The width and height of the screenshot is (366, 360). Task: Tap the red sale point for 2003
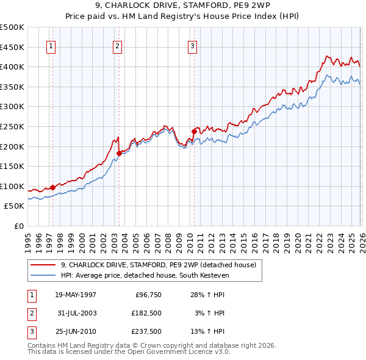[x=120, y=154]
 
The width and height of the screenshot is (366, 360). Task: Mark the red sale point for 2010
[x=194, y=131]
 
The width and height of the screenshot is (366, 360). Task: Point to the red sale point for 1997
[x=53, y=187]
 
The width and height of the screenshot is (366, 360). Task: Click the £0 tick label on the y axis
[x=18, y=226]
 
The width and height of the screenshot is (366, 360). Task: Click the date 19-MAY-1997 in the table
[x=76, y=295]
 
